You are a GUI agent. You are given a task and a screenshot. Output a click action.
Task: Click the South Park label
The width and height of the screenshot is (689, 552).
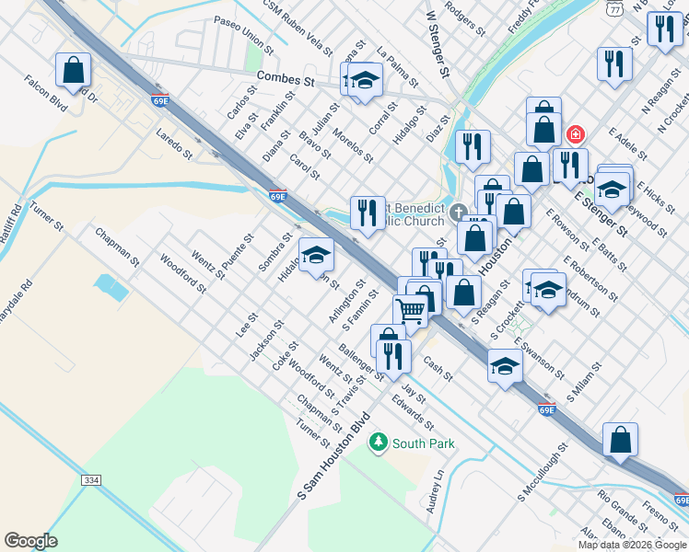(x=424, y=443)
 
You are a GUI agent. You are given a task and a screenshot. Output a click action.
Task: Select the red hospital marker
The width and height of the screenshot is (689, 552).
(x=576, y=134)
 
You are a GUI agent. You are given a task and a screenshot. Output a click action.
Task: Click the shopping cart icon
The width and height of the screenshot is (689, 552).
(x=411, y=310)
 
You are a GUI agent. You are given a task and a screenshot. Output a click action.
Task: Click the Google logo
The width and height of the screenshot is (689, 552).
(x=31, y=541)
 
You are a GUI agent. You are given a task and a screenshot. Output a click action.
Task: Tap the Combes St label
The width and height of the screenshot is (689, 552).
(x=286, y=80)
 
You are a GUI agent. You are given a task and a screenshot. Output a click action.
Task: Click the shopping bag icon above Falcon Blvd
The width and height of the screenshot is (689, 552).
(x=73, y=69)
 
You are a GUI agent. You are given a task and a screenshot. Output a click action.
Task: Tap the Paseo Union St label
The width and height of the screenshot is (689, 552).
(x=244, y=33)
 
